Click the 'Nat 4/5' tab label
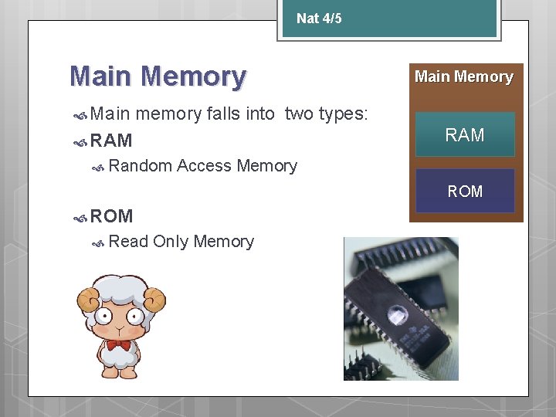(319, 18)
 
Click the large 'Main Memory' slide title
(158, 76)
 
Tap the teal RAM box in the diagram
(465, 135)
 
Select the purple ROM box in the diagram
(465, 191)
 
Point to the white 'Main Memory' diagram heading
(463, 76)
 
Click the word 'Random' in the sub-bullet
(141, 165)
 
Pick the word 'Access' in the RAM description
(204, 165)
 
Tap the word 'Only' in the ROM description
(171, 241)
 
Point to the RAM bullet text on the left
(111, 141)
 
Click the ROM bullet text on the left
(111, 216)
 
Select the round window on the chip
(398, 314)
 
